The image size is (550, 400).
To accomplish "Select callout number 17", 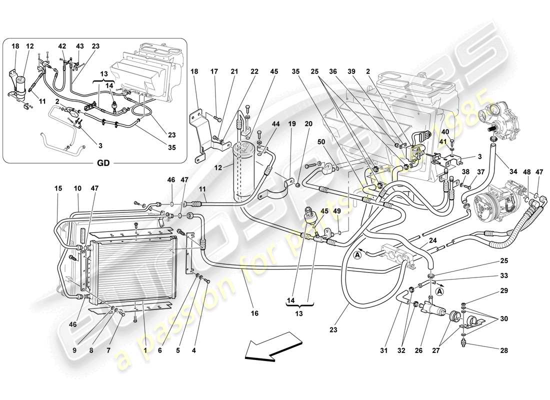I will [215, 71].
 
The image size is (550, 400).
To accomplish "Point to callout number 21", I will [234, 71].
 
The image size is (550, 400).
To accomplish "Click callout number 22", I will [254, 71].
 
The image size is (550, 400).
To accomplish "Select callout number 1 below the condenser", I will [145, 351].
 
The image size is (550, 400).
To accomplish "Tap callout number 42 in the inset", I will [62, 45].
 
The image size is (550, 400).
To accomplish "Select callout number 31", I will [383, 351].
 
